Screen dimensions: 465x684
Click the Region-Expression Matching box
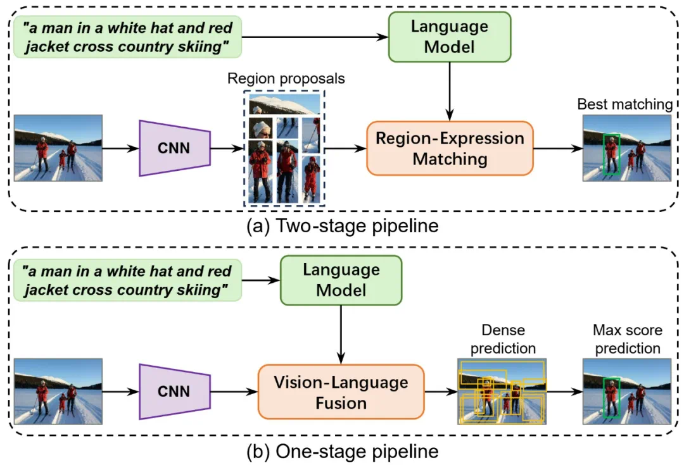pyautogui.click(x=450, y=149)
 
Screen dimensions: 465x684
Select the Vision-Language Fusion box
pyautogui.click(x=341, y=392)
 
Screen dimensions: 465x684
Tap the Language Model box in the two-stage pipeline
pyautogui.click(x=450, y=36)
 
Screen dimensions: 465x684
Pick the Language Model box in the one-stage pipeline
pyautogui.click(x=341, y=280)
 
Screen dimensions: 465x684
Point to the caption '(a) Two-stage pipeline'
pyautogui.click(x=342, y=226)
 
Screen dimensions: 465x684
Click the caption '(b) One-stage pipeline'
pyautogui.click(x=342, y=452)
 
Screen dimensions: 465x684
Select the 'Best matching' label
pyautogui.click(x=624, y=104)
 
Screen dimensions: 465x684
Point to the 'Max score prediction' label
pyautogui.click(x=626, y=339)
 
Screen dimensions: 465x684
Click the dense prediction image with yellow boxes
pyautogui.click(x=502, y=391)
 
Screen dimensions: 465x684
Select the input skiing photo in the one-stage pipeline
pyautogui.click(x=58, y=392)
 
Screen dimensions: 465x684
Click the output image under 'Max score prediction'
pyautogui.click(x=626, y=392)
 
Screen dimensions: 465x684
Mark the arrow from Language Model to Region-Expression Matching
pyautogui.click(x=450, y=91)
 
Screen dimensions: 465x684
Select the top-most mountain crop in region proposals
pyautogui.click(x=284, y=104)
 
